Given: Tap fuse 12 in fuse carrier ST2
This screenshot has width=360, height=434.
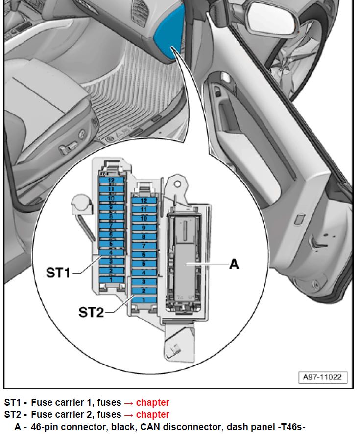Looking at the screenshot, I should coord(144,200).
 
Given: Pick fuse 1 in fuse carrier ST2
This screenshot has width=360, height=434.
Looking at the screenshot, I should coord(144,299).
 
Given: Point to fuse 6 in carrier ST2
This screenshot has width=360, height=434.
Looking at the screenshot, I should coord(144,254).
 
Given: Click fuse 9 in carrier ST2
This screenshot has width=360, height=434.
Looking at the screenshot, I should coord(144,228).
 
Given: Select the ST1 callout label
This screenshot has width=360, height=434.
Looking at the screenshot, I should coord(58,273).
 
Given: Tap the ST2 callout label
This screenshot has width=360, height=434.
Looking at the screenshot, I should coord(91,312).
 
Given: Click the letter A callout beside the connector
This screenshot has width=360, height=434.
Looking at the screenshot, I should coord(234,264).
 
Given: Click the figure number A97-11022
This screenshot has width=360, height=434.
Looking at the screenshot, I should coord(322,378).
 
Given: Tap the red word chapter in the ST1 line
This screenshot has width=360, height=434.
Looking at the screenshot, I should coord(152,403).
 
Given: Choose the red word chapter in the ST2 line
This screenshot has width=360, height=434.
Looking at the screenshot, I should coord(152,415).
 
